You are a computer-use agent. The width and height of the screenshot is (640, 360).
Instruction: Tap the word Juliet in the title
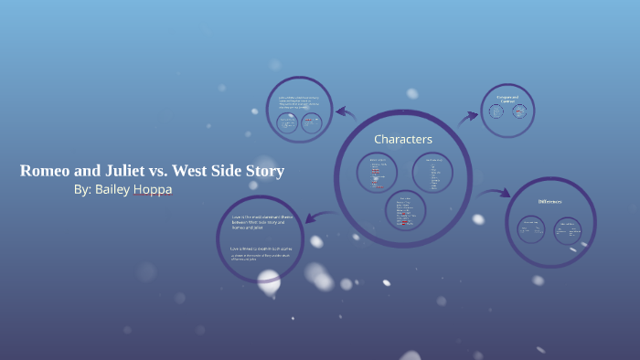(x=129, y=171)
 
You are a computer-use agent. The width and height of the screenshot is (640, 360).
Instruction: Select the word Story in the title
(x=263, y=171)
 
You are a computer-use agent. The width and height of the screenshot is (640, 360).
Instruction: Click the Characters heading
(x=403, y=139)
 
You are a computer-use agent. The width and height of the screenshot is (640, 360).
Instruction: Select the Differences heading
(x=549, y=201)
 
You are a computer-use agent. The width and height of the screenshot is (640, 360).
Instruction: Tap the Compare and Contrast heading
(x=507, y=98)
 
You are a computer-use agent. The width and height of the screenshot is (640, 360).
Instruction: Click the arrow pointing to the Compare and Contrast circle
(x=467, y=116)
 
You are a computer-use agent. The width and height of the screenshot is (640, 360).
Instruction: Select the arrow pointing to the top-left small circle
(x=345, y=113)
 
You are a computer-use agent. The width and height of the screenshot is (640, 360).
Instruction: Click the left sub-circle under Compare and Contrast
(x=496, y=111)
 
